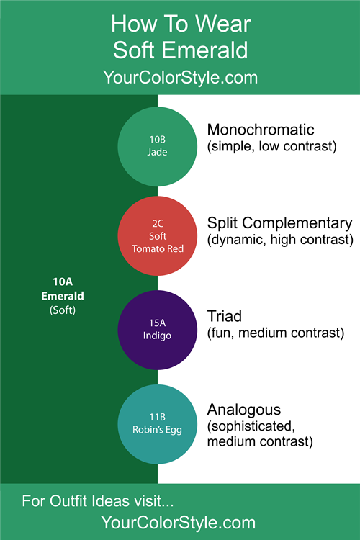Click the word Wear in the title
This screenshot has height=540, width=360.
pyautogui.click(x=223, y=24)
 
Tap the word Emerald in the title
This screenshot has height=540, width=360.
pyautogui.click(x=205, y=50)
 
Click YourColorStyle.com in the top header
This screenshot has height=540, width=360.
pyautogui.click(x=180, y=77)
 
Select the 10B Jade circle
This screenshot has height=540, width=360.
pyautogui.click(x=158, y=146)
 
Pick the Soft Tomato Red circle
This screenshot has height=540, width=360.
pyautogui.click(x=158, y=236)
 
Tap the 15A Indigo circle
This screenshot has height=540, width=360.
pyautogui.click(x=158, y=330)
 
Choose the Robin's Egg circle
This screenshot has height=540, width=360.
pyautogui.click(x=158, y=424)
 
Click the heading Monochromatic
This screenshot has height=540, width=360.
pyautogui.click(x=261, y=130)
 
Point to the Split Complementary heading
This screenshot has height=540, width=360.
pyautogui.click(x=280, y=223)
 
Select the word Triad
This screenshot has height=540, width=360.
pyautogui.click(x=224, y=316)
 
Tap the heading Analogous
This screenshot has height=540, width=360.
pyautogui.click(x=244, y=410)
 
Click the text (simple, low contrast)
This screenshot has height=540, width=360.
pyautogui.click(x=272, y=146)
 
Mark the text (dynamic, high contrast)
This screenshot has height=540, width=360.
pyautogui.click(x=280, y=240)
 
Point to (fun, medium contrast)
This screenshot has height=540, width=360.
pyautogui.click(x=276, y=333)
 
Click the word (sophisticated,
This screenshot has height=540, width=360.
pyautogui.click(x=251, y=426)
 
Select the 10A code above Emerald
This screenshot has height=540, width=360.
pyautogui.click(x=63, y=282)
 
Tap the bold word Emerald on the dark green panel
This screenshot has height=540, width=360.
pyautogui.click(x=63, y=296)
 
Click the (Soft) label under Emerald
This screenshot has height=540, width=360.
pyautogui.click(x=63, y=310)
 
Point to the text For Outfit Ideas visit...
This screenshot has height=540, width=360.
pyautogui.click(x=97, y=501)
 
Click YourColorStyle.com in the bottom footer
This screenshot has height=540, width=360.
pyautogui.click(x=178, y=523)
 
